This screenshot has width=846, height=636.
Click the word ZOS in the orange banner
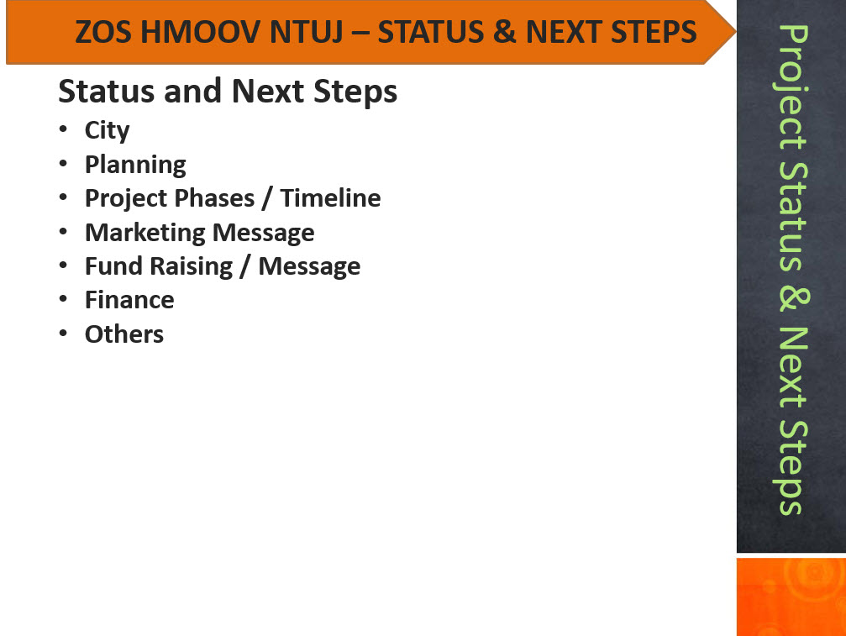coord(103,32)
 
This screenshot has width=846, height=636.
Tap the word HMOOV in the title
coord(201,32)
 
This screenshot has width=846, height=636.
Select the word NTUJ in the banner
coord(306,33)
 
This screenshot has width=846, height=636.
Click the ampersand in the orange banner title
coord(504,32)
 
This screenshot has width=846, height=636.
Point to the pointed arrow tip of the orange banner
coord(734,31)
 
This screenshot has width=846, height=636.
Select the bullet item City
coord(108,131)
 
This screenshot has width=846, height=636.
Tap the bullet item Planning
coord(135,165)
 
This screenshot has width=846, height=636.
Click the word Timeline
coord(330,198)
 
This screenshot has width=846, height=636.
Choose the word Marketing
coord(145,233)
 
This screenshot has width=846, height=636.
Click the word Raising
coord(191,266)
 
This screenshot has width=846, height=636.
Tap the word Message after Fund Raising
coord(309,266)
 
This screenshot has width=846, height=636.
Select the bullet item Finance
coord(129,300)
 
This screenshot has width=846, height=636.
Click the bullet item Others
coord(124,334)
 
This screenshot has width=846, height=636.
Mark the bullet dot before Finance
coord(63,298)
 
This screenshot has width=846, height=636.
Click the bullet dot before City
coord(63,129)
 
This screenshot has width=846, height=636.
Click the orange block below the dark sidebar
coord(791,597)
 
